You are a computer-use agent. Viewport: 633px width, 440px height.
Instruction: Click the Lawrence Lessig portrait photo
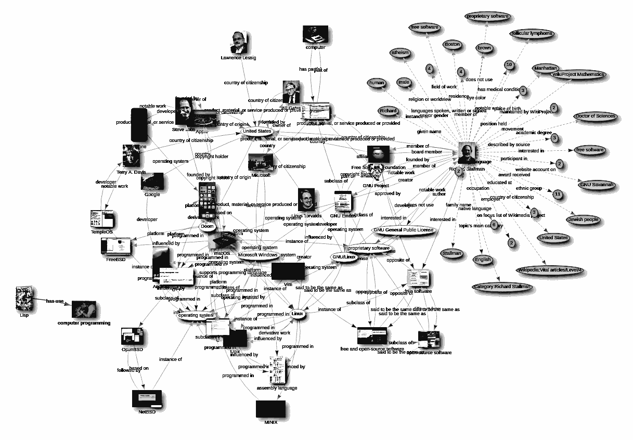coord(238,43)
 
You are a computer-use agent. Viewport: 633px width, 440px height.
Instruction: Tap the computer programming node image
coord(84,310)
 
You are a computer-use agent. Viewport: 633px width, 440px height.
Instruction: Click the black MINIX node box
coord(271,409)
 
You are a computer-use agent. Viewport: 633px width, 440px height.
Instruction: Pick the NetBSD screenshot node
coord(147,399)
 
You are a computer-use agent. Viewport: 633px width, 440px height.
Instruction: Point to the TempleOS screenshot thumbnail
coord(101,219)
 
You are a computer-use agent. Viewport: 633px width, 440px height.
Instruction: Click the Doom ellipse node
coord(207,227)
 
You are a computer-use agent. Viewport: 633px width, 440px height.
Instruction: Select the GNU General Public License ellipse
coord(403,230)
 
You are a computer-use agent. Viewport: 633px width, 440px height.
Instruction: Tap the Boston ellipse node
coord(453,45)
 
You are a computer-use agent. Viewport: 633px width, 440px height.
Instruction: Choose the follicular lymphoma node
coord(531,34)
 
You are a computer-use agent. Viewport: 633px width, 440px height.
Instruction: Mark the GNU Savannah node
coord(596,185)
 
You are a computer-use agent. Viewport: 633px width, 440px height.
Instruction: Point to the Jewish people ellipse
coord(583,219)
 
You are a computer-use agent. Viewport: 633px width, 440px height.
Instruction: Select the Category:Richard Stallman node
coord(502,287)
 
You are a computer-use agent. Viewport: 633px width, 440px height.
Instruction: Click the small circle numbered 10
coord(509,64)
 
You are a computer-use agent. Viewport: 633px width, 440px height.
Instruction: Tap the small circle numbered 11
coord(558,195)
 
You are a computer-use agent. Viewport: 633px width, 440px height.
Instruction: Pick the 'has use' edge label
coord(55,301)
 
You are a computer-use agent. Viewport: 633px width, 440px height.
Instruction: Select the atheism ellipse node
coord(400,53)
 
